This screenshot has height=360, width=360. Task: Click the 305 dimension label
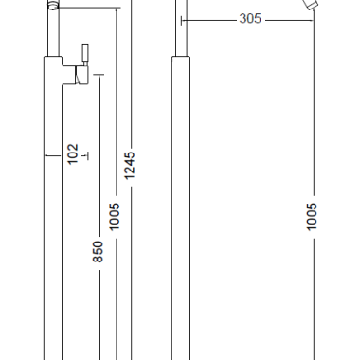coord(250,19)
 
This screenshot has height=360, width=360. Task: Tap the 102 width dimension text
coord(73,154)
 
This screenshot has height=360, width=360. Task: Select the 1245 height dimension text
coord(130,166)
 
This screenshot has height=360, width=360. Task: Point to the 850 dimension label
coord(98,251)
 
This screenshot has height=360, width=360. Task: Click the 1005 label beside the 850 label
coord(115,217)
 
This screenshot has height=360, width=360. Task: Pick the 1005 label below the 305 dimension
coord(312,217)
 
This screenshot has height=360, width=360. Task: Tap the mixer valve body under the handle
coord(81,75)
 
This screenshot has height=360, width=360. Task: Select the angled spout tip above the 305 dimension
coord(311,5)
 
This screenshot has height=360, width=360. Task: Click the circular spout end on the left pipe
coord(53,6)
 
